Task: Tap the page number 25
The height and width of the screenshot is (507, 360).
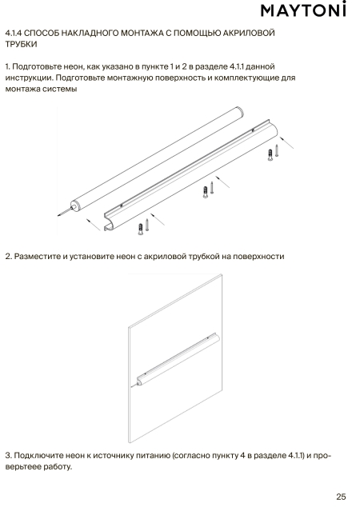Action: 341,497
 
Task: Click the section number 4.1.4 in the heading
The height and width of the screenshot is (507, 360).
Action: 14,33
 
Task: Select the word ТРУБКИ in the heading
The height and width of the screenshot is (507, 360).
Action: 22,44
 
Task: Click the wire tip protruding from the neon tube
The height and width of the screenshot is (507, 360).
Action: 58,214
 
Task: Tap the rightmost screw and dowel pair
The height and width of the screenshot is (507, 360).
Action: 273,153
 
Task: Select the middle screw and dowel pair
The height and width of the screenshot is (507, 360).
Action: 208,190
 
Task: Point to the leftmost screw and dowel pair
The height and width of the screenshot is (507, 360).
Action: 143,226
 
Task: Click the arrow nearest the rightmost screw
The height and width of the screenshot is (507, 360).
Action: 286,142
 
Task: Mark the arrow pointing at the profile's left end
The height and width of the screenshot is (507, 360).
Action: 94,225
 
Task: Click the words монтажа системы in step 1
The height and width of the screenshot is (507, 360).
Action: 41,90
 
